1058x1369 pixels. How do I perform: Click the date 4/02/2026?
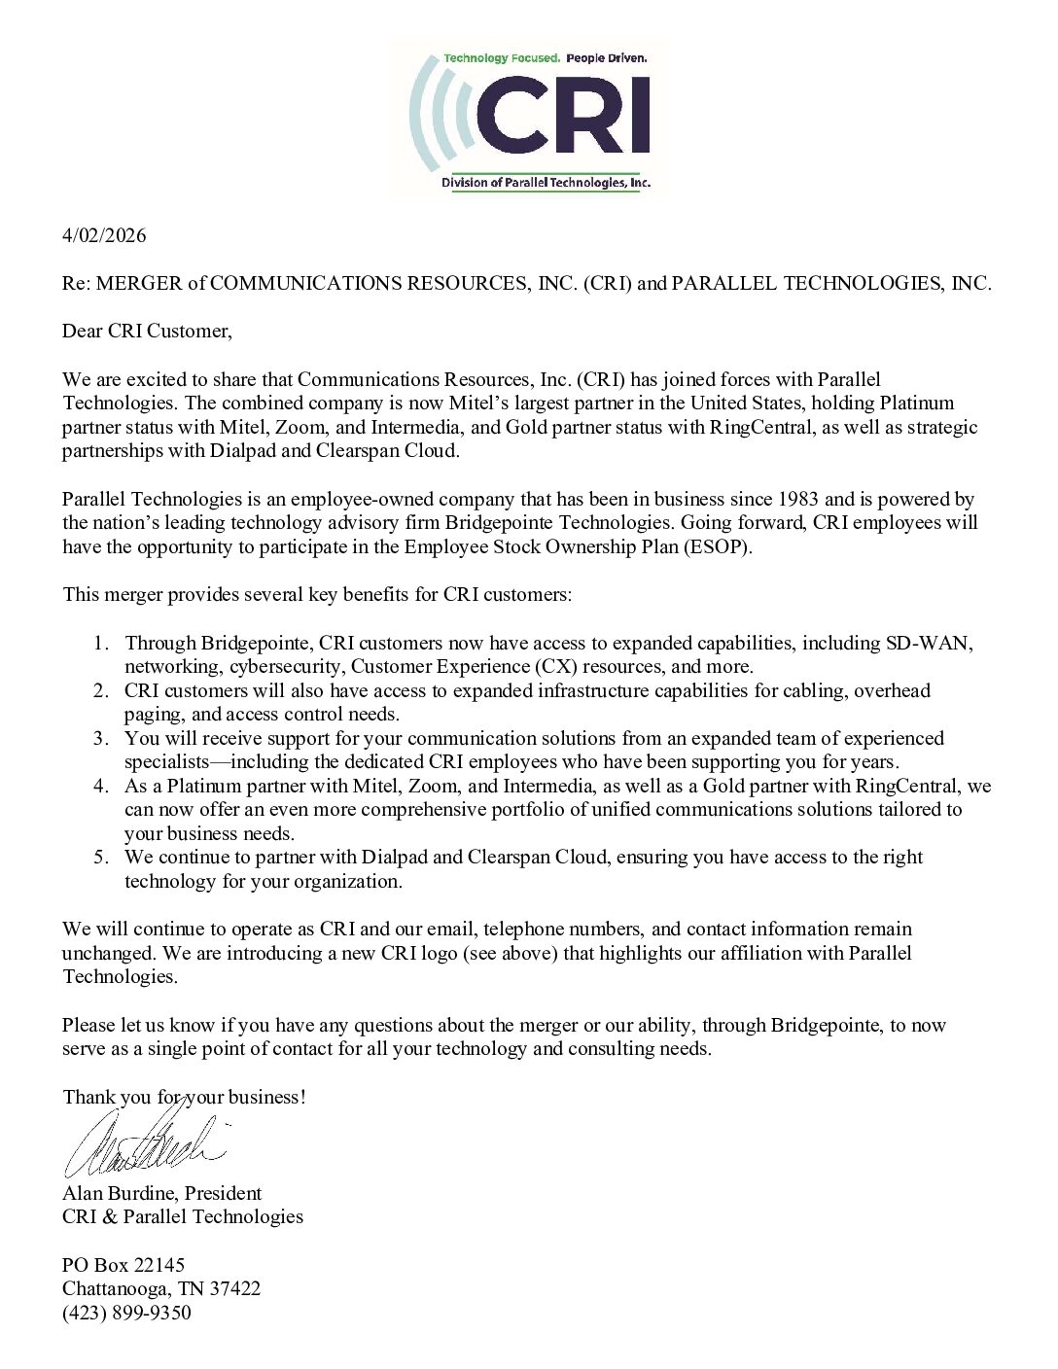(104, 236)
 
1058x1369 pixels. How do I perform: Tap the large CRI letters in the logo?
(563, 118)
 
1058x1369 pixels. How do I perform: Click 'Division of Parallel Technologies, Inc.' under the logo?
(546, 183)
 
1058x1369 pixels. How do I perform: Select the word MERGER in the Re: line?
(141, 284)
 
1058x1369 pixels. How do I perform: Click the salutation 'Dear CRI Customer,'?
(148, 332)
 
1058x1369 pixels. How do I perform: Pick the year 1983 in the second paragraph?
(803, 500)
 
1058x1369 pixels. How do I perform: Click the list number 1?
(101, 643)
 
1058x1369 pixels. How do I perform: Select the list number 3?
(101, 738)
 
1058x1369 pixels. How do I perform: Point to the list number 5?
(101, 858)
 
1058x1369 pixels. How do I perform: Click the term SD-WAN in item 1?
(928, 643)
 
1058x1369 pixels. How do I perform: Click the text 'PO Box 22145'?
(123, 1265)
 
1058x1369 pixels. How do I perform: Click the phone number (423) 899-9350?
(126, 1313)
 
